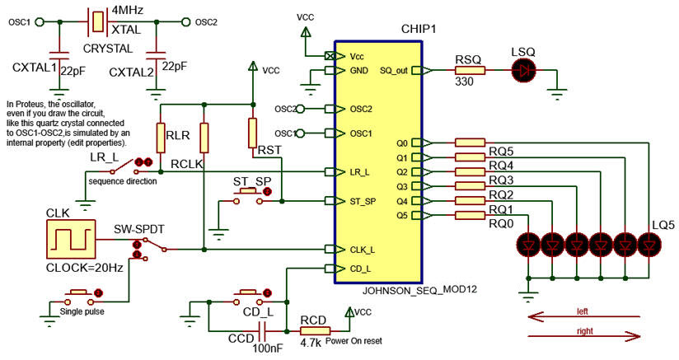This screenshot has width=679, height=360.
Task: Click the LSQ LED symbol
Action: tap(523, 70)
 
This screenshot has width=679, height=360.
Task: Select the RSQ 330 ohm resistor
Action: tap(470, 71)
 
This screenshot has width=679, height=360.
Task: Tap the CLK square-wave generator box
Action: tap(71, 239)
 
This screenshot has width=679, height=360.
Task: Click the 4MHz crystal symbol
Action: tap(98, 21)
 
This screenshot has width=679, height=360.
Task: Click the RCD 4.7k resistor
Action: tap(316, 331)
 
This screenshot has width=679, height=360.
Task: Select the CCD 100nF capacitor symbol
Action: tap(262, 331)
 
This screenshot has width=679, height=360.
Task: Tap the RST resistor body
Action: tap(252, 133)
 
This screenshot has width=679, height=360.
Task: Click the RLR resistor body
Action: tap(161, 138)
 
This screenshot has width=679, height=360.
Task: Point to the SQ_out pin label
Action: tap(394, 71)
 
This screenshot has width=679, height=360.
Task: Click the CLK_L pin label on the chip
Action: tap(362, 250)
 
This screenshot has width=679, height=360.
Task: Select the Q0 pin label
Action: tap(402, 143)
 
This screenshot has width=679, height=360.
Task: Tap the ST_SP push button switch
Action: tap(248, 196)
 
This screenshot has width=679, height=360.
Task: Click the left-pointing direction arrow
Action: tap(583, 318)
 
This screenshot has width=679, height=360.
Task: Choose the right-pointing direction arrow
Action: tap(583, 336)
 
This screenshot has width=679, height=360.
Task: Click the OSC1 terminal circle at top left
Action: tap(40, 21)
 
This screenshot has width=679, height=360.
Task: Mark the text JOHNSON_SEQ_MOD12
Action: tap(419, 289)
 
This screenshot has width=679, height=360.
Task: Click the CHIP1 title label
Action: tap(419, 29)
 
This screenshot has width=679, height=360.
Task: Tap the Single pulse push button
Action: tap(79, 297)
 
